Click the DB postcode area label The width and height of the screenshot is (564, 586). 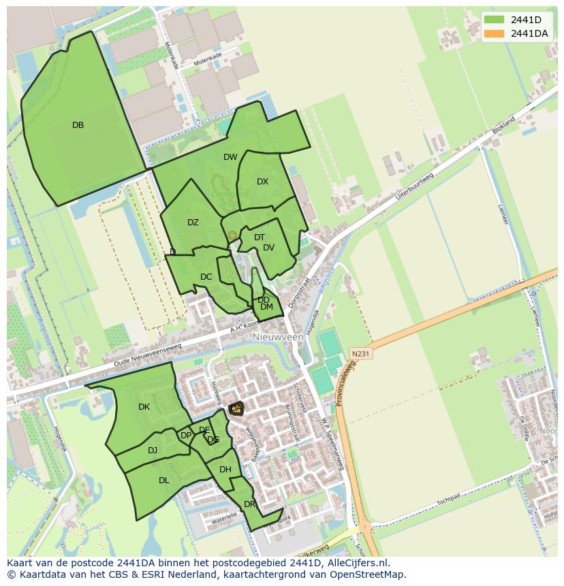pyautogui.click(x=78, y=125)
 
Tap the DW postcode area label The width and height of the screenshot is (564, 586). pyautogui.click(x=230, y=157)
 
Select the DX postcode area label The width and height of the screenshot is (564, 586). pyautogui.click(x=263, y=182)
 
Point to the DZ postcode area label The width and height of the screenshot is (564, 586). pyautogui.click(x=193, y=223)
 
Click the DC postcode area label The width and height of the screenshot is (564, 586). pyautogui.click(x=206, y=277)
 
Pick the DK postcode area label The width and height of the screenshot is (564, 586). pyautogui.click(x=144, y=407)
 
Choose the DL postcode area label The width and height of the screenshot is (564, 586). pyautogui.click(x=164, y=481)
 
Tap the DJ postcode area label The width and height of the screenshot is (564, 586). pyautogui.click(x=153, y=450)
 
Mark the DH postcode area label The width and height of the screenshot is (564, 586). pyautogui.click(x=225, y=470)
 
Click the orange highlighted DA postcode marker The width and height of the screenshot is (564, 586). pyautogui.click(x=236, y=408)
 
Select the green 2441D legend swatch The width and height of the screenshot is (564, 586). pyautogui.click(x=494, y=20)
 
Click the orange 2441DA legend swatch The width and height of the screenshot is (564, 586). pyautogui.click(x=494, y=33)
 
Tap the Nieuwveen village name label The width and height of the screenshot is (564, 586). pyautogui.click(x=277, y=337)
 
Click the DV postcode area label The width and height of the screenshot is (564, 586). pyautogui.click(x=268, y=248)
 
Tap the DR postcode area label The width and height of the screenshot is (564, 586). pyautogui.click(x=249, y=504)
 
